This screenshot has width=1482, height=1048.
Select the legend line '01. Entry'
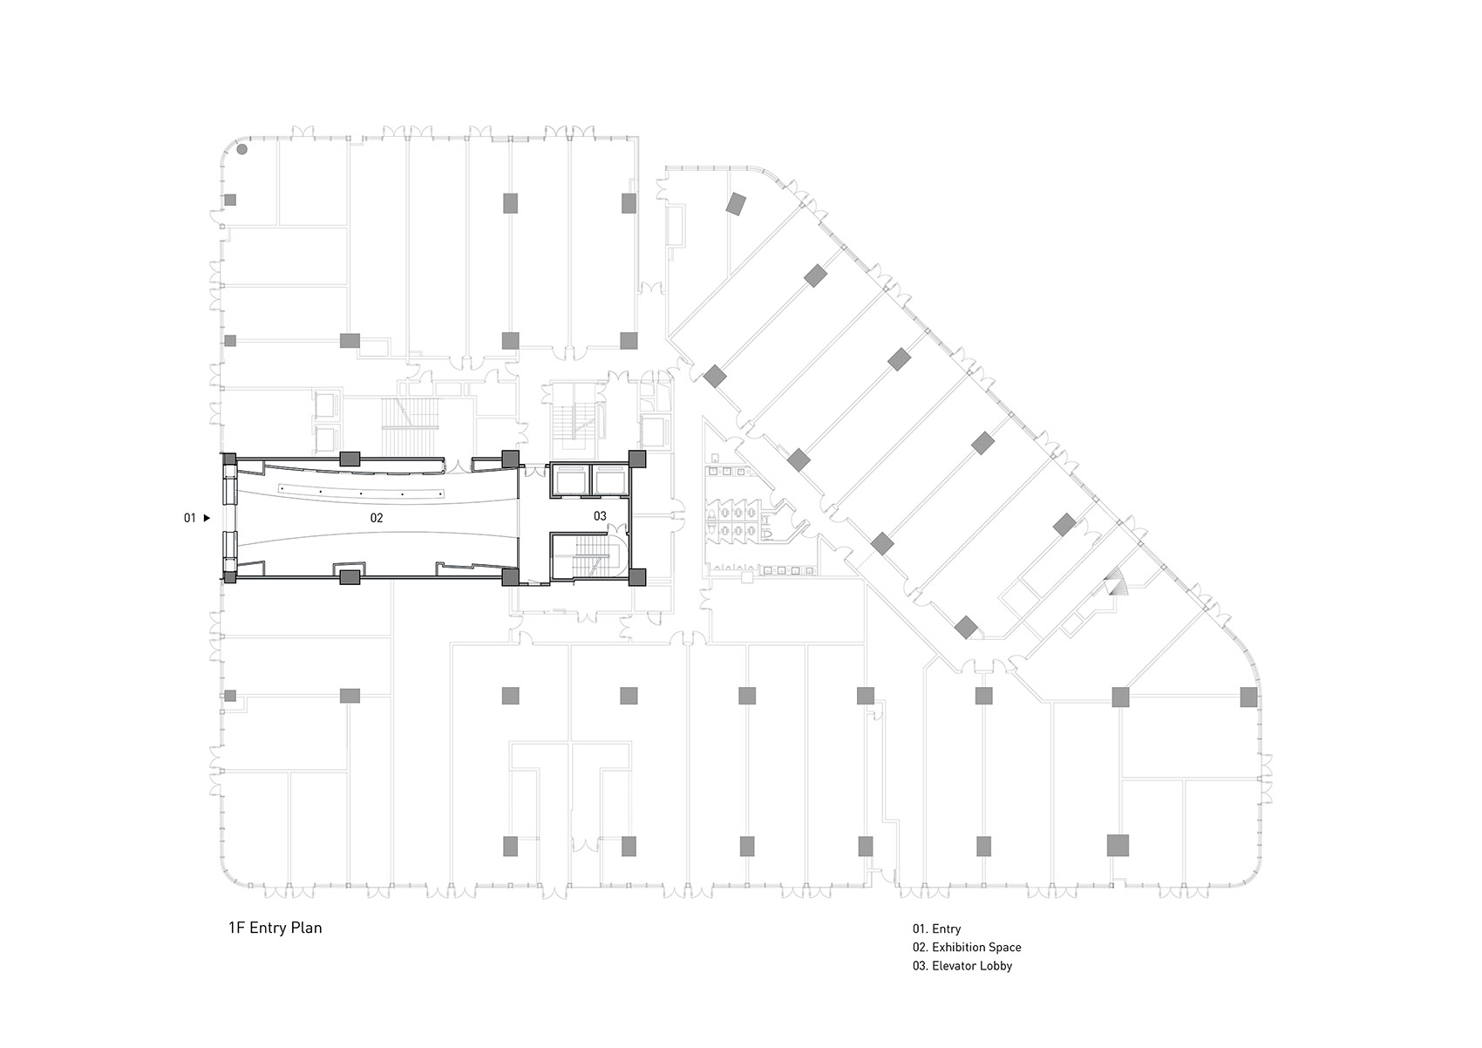click(936, 929)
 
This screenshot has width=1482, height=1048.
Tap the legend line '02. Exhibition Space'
click(967, 947)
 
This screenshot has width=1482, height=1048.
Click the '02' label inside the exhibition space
click(376, 518)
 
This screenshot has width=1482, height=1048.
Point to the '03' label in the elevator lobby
click(599, 516)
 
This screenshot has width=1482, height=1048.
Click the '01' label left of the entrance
click(189, 519)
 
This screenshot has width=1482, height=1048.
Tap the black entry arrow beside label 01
click(207, 519)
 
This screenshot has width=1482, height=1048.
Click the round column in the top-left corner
click(242, 149)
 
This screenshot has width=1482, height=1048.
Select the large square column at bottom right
click(1118, 846)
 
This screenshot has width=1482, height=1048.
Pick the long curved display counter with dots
click(360, 493)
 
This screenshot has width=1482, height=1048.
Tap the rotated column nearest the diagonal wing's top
click(737, 204)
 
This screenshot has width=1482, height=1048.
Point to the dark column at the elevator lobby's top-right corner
click(636, 459)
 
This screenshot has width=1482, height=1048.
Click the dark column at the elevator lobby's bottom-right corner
click(637, 576)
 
